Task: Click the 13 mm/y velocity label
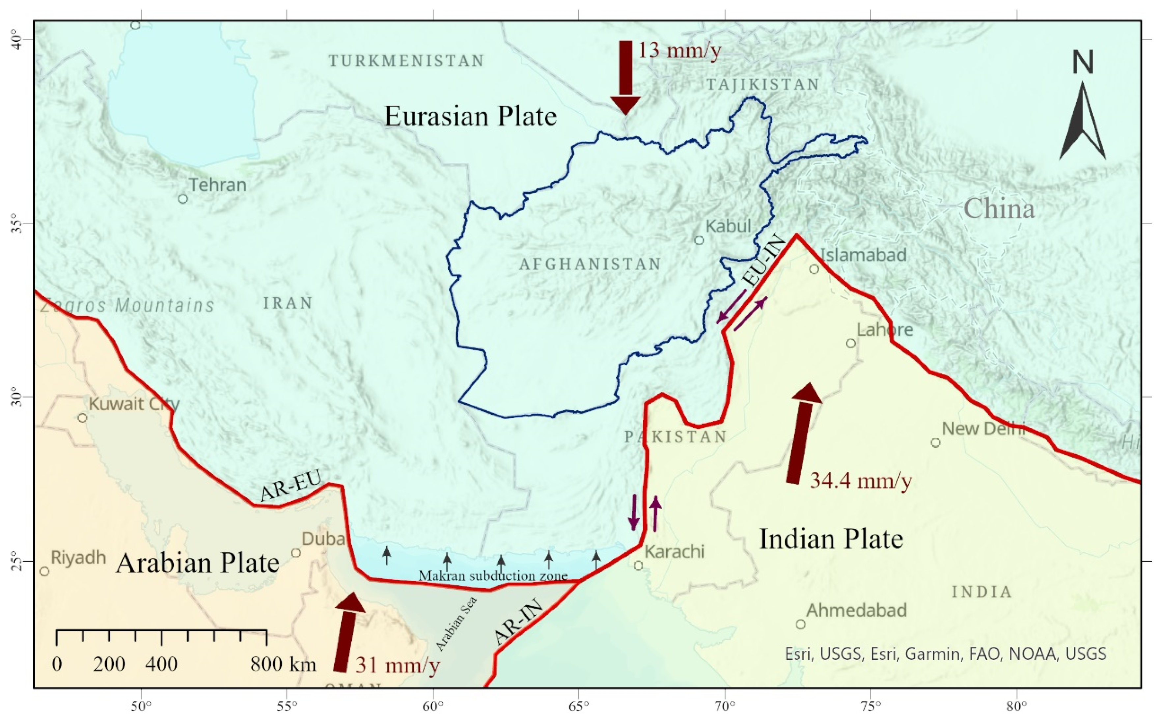(x=679, y=50)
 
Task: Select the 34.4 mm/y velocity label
(x=860, y=481)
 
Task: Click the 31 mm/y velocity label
(x=397, y=665)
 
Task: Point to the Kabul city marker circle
(x=699, y=240)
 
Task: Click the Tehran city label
(x=218, y=185)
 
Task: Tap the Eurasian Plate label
(x=471, y=116)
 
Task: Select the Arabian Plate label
(x=198, y=563)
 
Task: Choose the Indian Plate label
(x=831, y=539)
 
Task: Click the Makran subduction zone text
(x=493, y=576)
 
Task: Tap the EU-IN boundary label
(x=764, y=261)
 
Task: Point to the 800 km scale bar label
(x=283, y=664)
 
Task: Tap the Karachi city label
(x=674, y=552)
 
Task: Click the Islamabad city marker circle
(x=814, y=269)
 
